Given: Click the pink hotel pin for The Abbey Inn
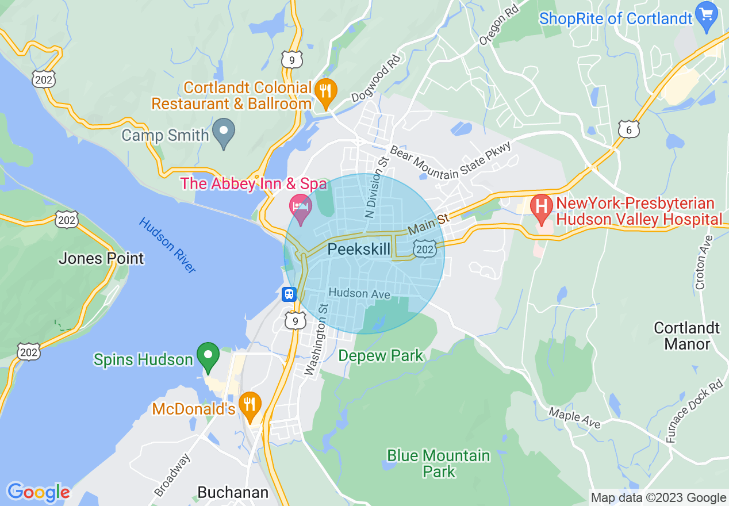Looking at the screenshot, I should click(300, 208).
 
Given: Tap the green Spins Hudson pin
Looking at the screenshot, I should click(208, 356).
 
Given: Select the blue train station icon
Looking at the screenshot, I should click(289, 294).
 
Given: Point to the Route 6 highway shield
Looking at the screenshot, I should click(629, 129).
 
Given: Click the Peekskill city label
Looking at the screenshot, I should click(359, 249).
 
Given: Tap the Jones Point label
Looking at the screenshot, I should click(101, 258).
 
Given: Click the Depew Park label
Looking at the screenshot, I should click(381, 355).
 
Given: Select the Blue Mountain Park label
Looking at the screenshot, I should click(438, 463).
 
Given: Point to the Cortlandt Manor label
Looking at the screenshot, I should click(686, 336).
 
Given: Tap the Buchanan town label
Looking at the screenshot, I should click(232, 492).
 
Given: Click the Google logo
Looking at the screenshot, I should click(39, 492).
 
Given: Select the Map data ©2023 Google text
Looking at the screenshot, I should click(658, 498).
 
